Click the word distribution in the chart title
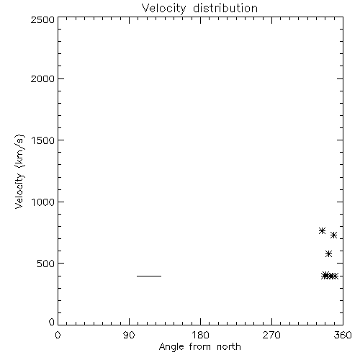click(225, 8)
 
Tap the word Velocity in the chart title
click(164, 9)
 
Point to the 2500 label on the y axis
click(42, 19)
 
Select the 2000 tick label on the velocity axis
click(42, 78)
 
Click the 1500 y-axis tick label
click(43, 140)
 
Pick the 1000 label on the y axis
click(43, 202)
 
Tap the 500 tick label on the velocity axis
click(46, 264)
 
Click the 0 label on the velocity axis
click(52, 322)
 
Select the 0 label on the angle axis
click(58, 335)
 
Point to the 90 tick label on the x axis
click(129, 335)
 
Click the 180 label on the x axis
click(200, 335)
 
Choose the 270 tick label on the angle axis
click(271, 335)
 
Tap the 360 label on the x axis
click(343, 335)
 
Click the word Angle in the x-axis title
click(171, 347)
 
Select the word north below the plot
click(229, 347)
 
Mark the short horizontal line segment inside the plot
click(149, 276)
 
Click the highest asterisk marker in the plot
click(322, 231)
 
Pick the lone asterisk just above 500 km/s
click(328, 254)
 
